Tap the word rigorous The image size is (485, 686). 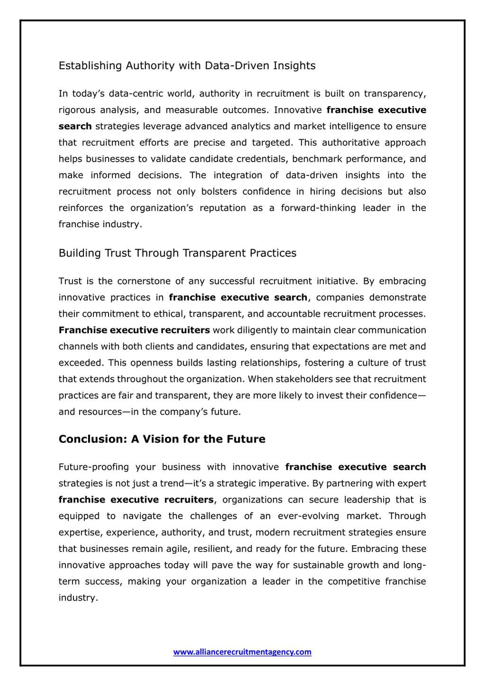point(76,110)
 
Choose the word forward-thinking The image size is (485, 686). point(318,208)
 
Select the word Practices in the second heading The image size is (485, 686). point(273,253)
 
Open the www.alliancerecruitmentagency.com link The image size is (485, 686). point(242,652)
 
